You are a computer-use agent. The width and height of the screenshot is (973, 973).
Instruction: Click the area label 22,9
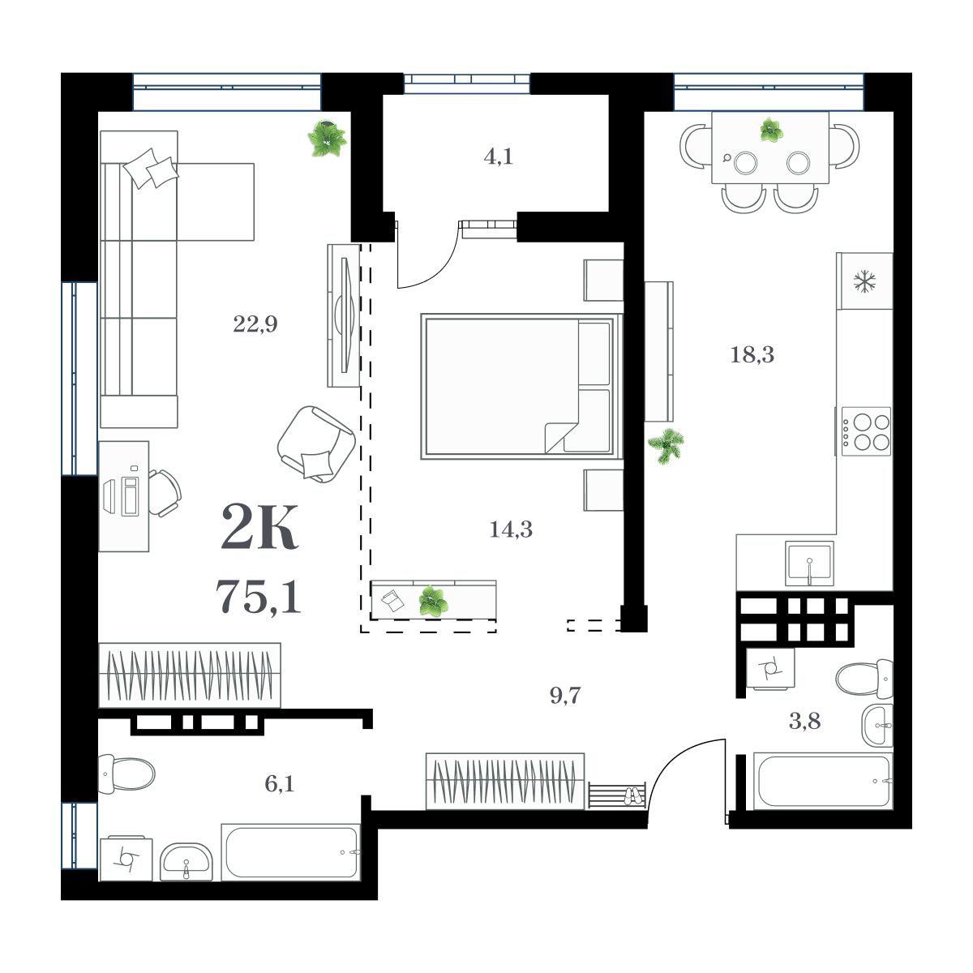255,325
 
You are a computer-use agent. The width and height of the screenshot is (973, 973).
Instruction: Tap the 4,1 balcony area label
498,156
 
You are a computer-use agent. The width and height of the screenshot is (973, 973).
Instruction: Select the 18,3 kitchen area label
752,354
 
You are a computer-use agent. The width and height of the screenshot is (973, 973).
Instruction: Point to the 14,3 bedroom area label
511,529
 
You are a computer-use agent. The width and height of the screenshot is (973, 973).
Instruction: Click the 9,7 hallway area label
565,695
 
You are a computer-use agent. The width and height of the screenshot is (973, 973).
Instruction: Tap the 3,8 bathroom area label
804,721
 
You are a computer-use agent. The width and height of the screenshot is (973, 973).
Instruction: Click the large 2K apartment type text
259,528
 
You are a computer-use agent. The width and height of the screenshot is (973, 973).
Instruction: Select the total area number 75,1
259,597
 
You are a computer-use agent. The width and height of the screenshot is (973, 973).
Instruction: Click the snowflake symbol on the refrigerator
865,281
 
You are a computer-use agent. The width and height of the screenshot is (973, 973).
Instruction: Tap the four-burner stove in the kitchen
866,431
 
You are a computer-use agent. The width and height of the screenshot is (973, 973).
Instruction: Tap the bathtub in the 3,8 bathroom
822,782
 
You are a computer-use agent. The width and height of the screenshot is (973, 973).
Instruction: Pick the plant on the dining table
770,130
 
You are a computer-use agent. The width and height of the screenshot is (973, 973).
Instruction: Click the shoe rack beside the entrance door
617,795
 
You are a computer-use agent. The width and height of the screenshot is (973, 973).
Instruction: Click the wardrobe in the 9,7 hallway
504,780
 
